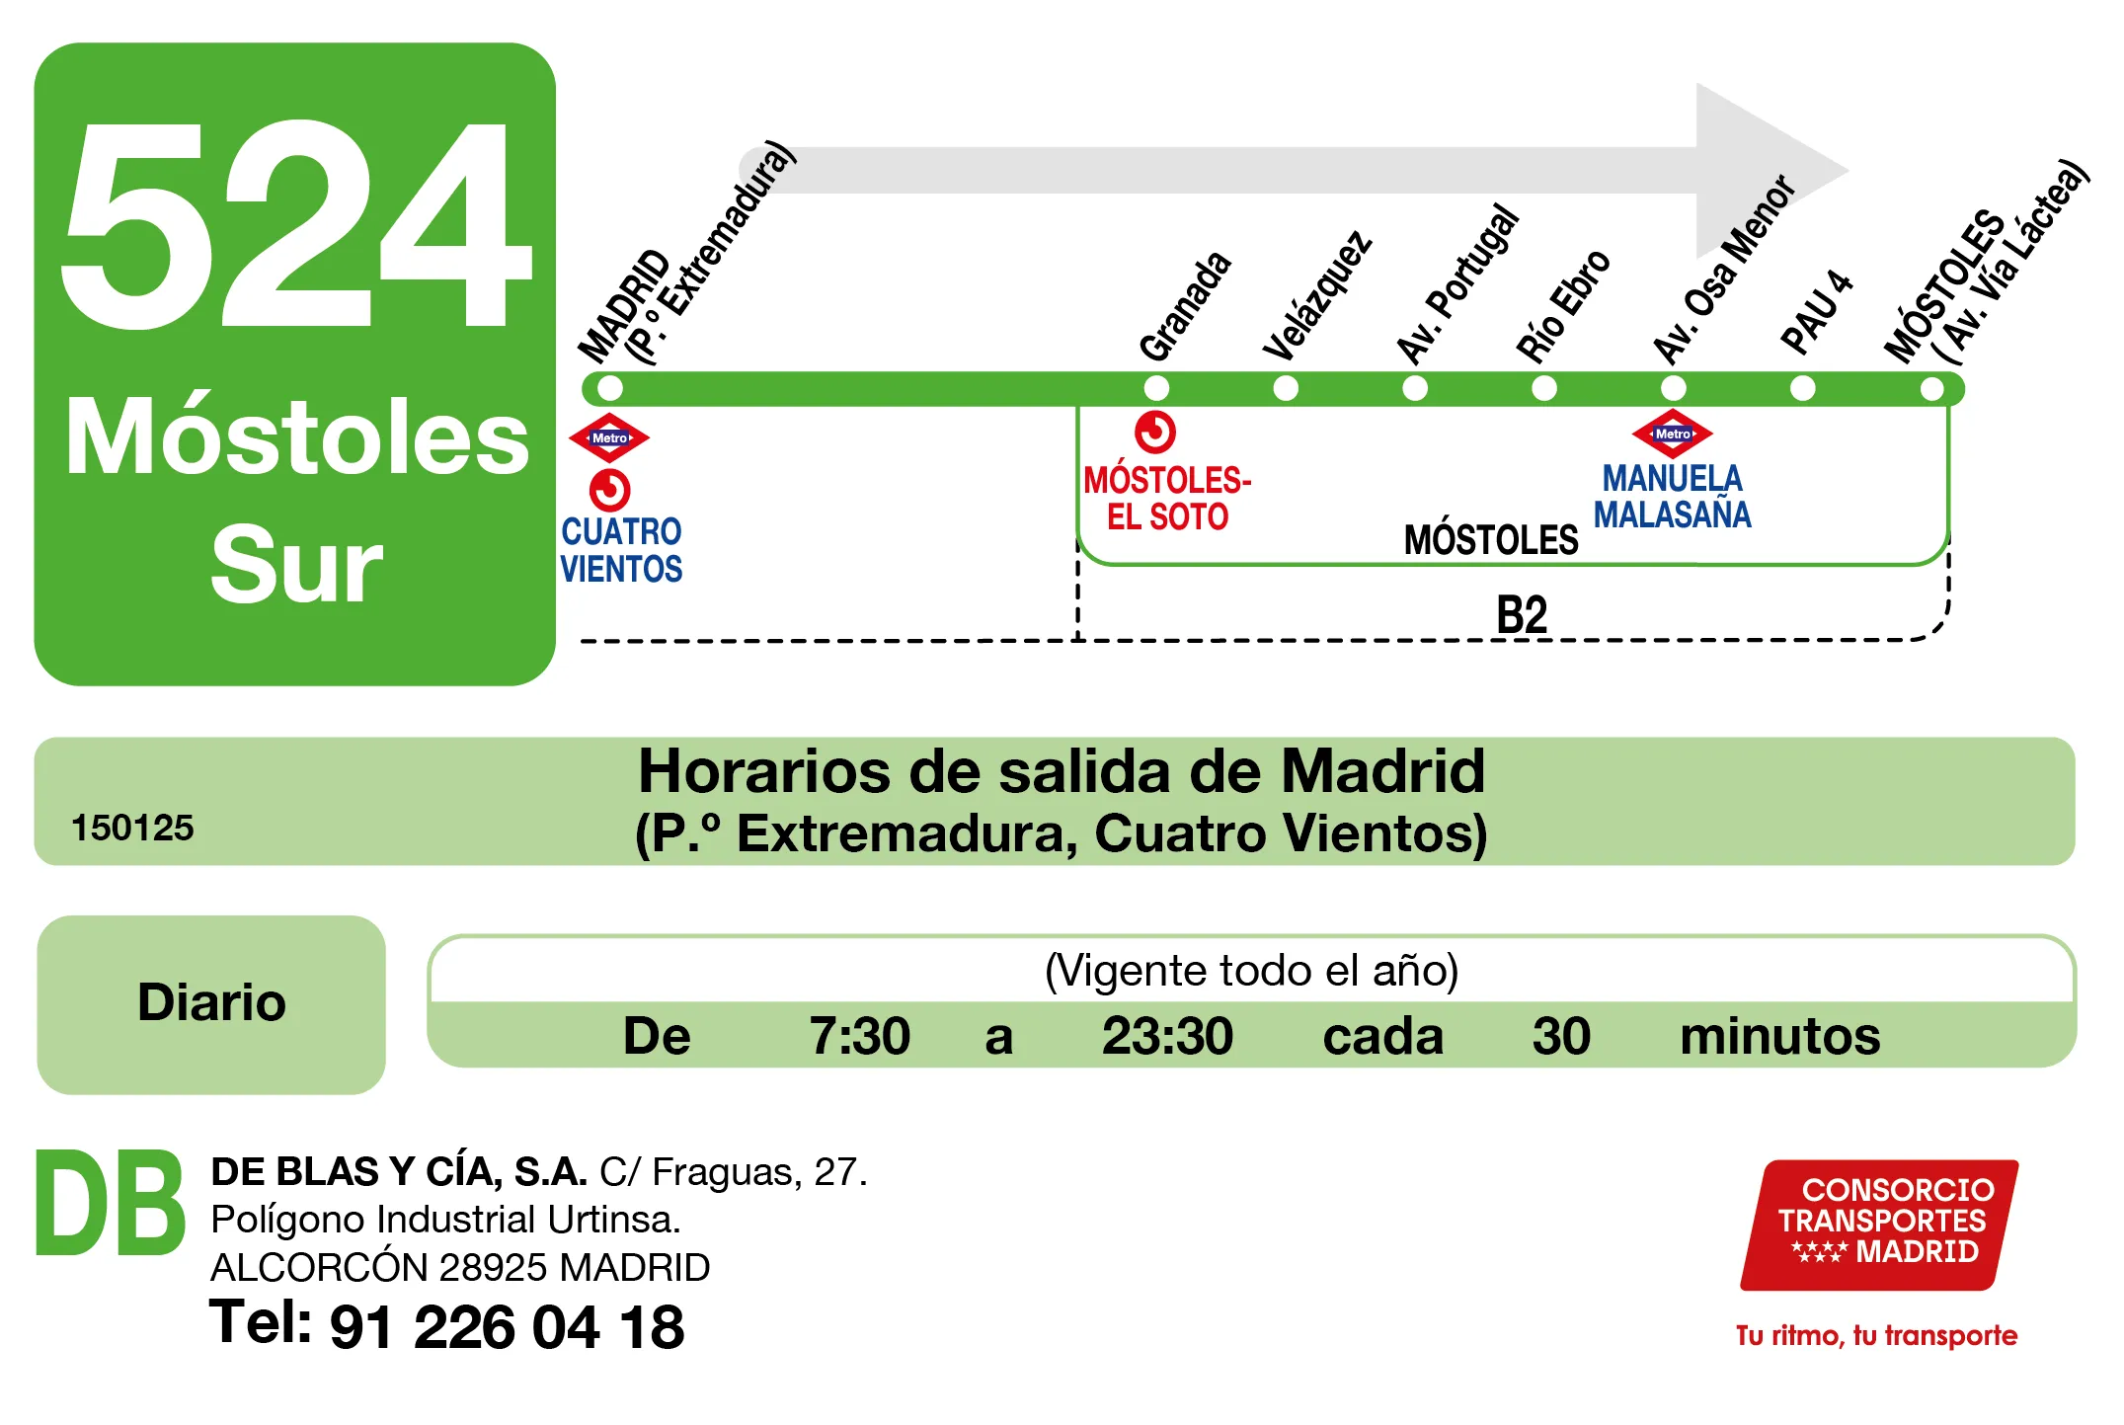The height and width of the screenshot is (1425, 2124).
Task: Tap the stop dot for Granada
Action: click(x=1156, y=388)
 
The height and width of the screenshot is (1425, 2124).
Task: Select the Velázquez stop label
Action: click(x=1317, y=296)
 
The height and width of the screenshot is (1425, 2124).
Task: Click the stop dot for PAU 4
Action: click(x=1802, y=388)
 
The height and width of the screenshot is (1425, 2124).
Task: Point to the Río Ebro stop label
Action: click(x=1563, y=306)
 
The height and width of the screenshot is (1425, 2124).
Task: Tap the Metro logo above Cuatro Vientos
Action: click(x=609, y=437)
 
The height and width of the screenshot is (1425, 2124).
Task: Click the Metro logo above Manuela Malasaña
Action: click(x=1672, y=434)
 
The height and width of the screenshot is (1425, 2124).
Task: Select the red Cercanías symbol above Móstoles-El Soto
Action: click(x=1155, y=433)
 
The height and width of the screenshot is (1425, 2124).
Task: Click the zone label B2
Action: click(x=1522, y=615)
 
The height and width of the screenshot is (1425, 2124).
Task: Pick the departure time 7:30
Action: click(x=859, y=1036)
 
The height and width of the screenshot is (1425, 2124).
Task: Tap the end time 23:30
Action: click(x=1167, y=1036)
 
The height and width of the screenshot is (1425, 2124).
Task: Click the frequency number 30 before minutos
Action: click(x=1561, y=1036)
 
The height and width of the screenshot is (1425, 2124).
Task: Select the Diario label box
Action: click(x=211, y=1003)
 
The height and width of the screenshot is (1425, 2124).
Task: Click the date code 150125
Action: click(x=132, y=828)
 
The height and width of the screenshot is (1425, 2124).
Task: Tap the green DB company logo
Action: click(x=110, y=1204)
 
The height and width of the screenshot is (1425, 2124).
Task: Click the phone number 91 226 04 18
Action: click(x=507, y=1326)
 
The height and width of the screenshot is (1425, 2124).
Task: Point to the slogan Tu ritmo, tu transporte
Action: click(x=1876, y=1335)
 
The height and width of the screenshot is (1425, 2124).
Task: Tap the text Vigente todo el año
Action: click(x=1251, y=971)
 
